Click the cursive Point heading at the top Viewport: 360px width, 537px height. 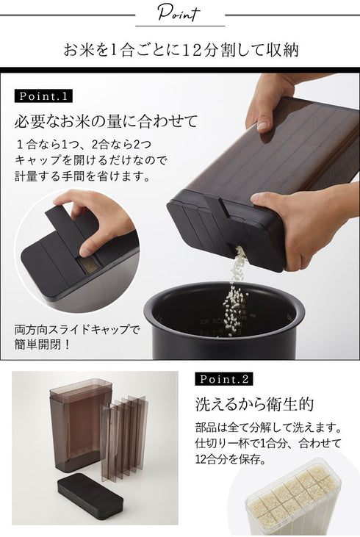click(x=179, y=14)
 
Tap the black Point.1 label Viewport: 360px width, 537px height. click(x=43, y=96)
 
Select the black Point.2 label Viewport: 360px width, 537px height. click(x=224, y=379)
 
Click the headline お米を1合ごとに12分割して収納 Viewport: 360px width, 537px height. click(x=181, y=50)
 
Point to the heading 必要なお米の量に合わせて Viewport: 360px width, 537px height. click(x=107, y=121)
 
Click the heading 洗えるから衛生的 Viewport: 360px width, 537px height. click(x=254, y=404)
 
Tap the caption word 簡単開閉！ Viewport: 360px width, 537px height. click(x=43, y=345)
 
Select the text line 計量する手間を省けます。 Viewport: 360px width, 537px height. click(x=83, y=176)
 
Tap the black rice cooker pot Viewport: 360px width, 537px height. click(x=224, y=320)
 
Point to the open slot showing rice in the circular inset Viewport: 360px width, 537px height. click(x=89, y=264)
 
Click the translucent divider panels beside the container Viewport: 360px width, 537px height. click(x=124, y=437)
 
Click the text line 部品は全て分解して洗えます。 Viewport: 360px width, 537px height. click(x=269, y=428)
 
